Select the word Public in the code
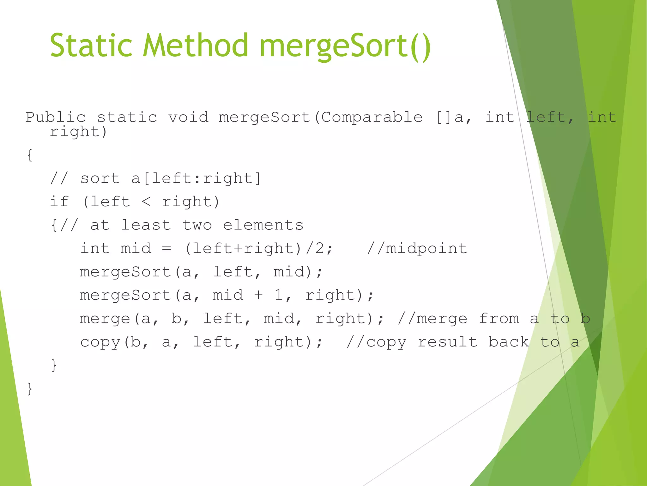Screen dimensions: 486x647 click(x=56, y=117)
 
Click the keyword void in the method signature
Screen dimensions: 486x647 click(x=188, y=117)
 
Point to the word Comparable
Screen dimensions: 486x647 click(x=372, y=117)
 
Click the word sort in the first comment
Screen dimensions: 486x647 click(x=100, y=178)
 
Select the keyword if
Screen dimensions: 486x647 click(x=59, y=202)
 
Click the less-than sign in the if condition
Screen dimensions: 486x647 click(x=146, y=202)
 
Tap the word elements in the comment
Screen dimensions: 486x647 click(x=263, y=225)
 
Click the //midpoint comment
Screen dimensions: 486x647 click(x=417, y=248)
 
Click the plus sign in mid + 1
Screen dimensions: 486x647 click(x=258, y=295)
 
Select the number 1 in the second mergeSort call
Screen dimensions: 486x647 click(x=279, y=295)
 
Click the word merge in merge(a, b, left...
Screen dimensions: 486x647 click(x=105, y=319)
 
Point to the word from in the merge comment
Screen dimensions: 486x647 click(x=499, y=319)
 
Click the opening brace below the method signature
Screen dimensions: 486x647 click(x=30, y=155)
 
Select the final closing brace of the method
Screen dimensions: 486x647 click(x=30, y=389)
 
